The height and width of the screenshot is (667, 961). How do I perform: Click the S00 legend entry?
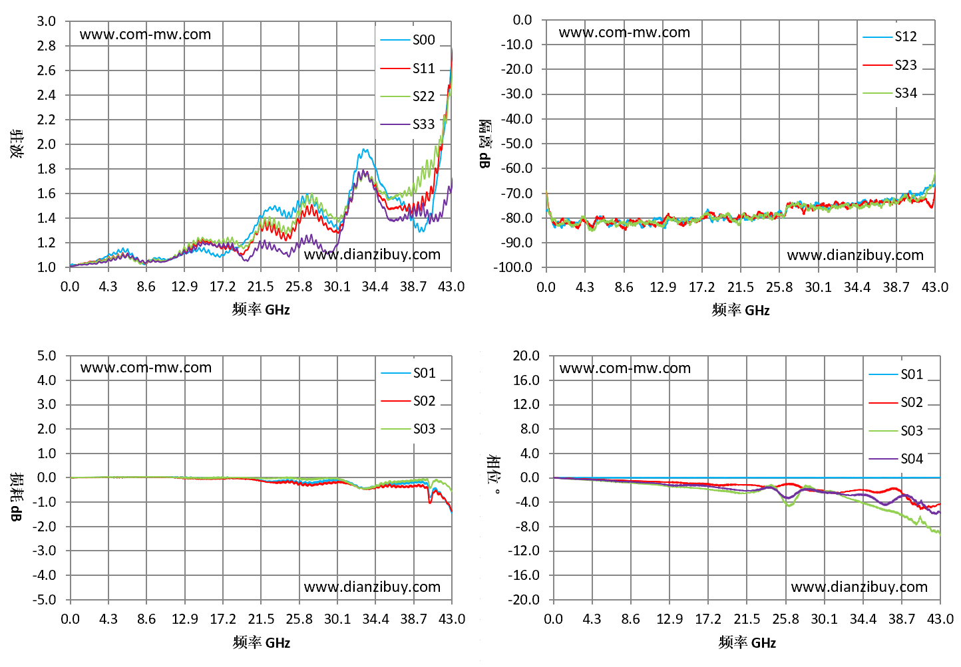[x=407, y=40]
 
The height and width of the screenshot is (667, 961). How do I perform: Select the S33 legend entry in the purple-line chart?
[x=407, y=124]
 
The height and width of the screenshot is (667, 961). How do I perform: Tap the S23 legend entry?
[x=890, y=65]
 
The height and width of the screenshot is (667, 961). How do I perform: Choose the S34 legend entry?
[x=890, y=93]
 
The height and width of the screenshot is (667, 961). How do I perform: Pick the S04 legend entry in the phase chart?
[x=896, y=459]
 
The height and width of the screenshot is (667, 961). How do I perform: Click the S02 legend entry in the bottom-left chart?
[x=408, y=401]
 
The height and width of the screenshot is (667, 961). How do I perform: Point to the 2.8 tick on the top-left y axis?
[x=47, y=46]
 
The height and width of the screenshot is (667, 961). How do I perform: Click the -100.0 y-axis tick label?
[x=512, y=267]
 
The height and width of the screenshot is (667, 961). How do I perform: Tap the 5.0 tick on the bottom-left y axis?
[x=47, y=356]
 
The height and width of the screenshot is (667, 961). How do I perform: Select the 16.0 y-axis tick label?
[x=526, y=380]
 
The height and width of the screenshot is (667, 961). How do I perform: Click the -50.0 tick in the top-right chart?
[x=516, y=144]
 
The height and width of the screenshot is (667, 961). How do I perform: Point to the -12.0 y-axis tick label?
[x=523, y=551]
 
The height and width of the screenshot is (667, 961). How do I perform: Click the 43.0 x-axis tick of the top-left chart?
[x=451, y=287]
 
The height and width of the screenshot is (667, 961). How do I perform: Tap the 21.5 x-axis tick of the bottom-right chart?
[x=747, y=619]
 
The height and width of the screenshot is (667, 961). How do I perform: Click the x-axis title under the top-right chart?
[x=741, y=310]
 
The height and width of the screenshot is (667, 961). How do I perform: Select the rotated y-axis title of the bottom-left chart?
[x=17, y=497]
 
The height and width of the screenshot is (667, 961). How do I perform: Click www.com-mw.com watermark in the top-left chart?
[x=146, y=35]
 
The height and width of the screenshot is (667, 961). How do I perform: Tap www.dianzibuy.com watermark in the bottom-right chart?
[x=859, y=587]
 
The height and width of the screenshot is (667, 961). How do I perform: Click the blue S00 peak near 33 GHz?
[x=365, y=150]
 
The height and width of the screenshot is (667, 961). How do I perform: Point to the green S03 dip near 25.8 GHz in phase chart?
[x=789, y=506]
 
